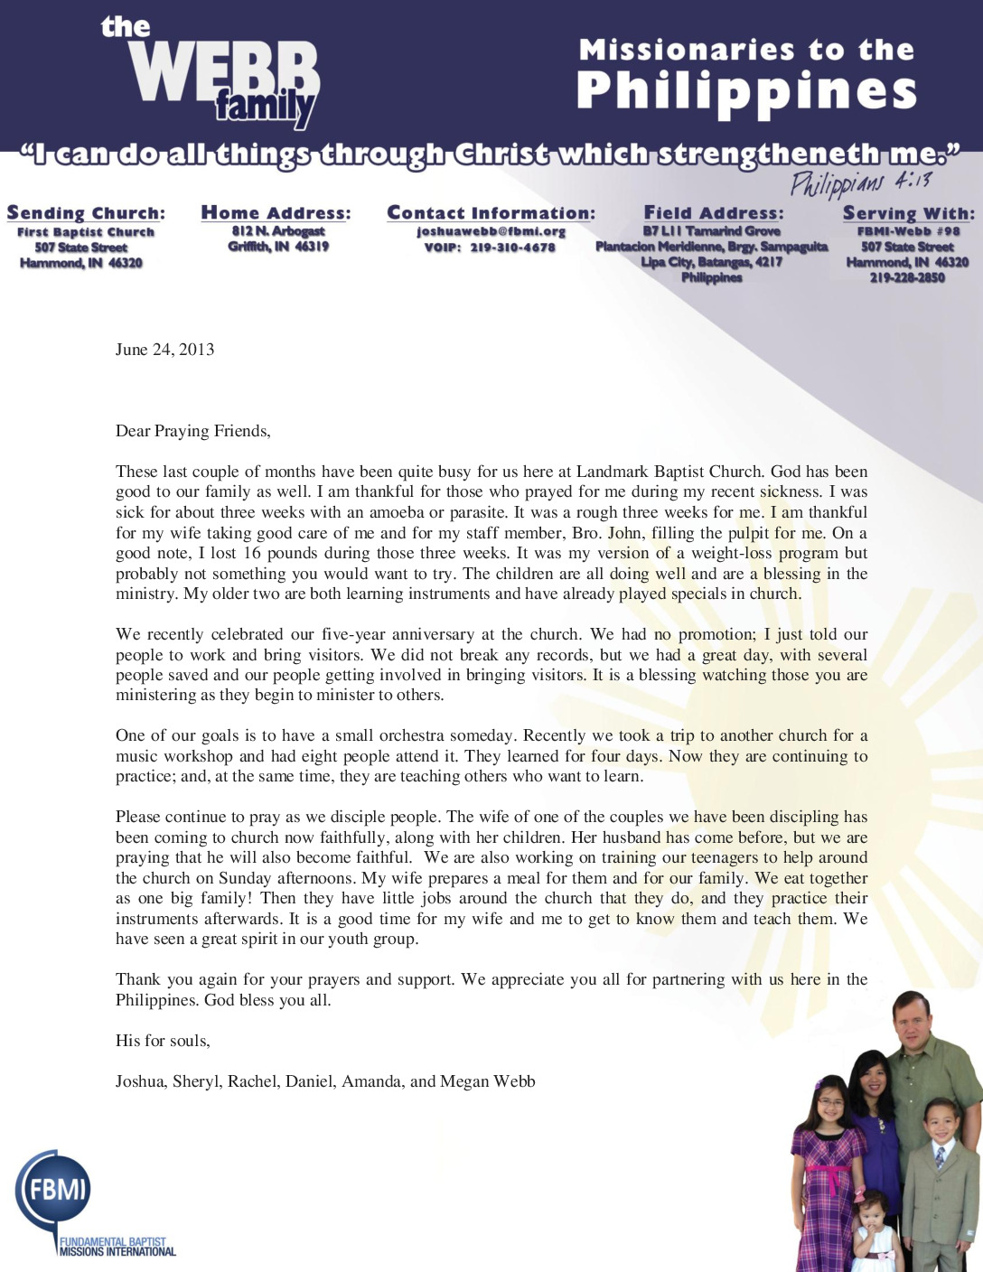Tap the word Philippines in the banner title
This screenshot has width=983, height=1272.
[x=746, y=91]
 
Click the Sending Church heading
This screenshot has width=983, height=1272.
[x=86, y=213]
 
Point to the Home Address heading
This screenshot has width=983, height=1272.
[x=276, y=213]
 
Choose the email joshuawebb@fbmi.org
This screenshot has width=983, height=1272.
[x=491, y=231]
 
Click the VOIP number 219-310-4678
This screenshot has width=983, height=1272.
[x=512, y=248]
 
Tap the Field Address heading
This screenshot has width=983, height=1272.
[x=713, y=213]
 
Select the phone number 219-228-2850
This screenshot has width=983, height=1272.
[x=907, y=278]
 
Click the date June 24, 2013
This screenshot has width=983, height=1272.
[x=164, y=350]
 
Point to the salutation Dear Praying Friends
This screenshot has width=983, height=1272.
[x=192, y=431]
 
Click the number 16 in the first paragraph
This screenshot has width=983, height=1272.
[x=252, y=553]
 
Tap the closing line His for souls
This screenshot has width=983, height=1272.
[x=163, y=1041]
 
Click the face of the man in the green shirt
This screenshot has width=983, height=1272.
[x=911, y=1022]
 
